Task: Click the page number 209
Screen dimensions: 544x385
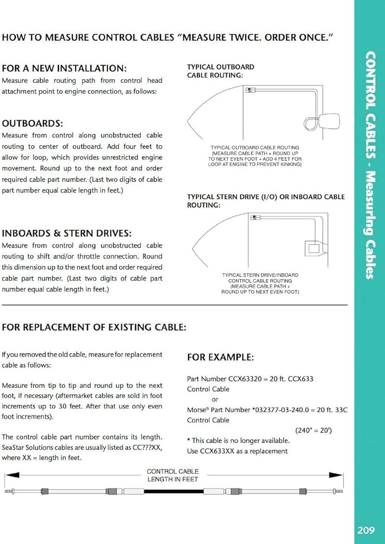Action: (x=369, y=529)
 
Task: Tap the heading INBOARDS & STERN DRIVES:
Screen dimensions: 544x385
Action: (x=66, y=233)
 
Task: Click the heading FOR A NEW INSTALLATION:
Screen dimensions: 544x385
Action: (x=64, y=69)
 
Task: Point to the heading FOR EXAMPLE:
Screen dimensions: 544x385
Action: (x=220, y=357)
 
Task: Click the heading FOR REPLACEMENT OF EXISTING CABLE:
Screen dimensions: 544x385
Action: (x=94, y=327)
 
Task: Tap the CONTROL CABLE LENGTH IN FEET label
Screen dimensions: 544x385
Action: (x=173, y=475)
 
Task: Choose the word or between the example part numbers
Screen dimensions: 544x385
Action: (x=214, y=399)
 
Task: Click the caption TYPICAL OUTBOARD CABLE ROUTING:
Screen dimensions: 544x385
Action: (x=220, y=71)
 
